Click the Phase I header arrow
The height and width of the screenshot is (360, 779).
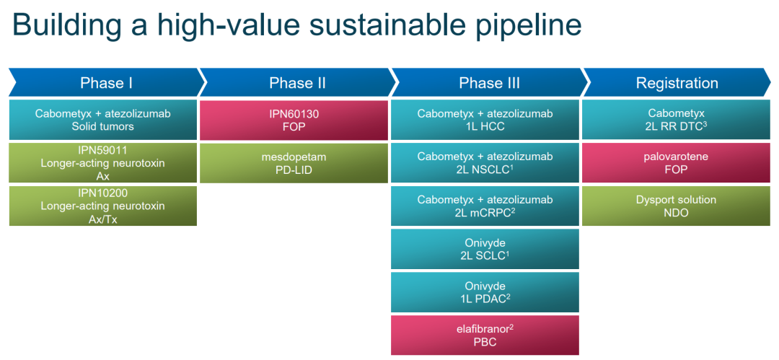pos(106,82)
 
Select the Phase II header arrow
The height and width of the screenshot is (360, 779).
pos(297,82)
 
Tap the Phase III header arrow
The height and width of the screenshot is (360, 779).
pos(489,82)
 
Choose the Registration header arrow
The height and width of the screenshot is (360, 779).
pos(677,82)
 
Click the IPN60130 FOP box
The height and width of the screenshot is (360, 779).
pos(294,120)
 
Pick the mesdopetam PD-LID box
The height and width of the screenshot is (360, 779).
pos(294,163)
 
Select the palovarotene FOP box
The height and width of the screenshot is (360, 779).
pos(676,163)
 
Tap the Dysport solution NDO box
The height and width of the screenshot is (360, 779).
pos(676,206)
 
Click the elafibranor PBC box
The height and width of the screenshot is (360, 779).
pos(485,335)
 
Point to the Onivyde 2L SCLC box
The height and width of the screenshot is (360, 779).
pos(485,249)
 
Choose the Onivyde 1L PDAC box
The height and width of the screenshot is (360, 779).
pos(485,292)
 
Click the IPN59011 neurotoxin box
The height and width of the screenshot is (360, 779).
pos(103,163)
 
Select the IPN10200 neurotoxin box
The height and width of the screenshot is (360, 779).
pos(103,206)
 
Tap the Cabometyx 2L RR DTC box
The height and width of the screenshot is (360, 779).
pos(676,120)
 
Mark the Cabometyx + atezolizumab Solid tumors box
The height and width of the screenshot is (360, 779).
pos(103,120)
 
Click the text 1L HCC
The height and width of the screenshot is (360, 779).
pos(485,127)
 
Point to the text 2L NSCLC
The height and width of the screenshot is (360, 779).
pos(485,170)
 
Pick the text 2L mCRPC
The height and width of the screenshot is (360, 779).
pos(485,213)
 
